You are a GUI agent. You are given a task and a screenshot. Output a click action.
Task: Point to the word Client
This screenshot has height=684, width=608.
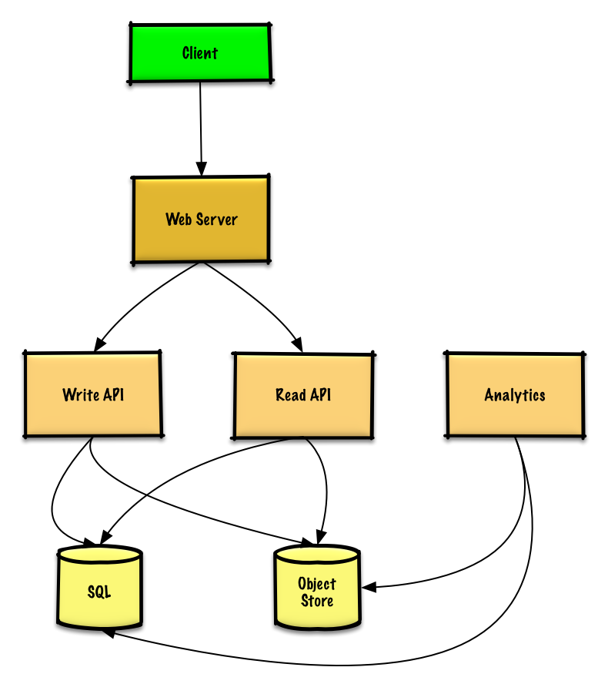click(x=200, y=53)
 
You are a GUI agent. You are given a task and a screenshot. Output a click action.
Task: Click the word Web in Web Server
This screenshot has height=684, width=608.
click(x=179, y=220)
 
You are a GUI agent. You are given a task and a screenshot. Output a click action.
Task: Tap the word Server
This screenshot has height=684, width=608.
click(x=216, y=220)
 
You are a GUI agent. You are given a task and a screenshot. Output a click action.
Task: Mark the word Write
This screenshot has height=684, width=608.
click(x=81, y=395)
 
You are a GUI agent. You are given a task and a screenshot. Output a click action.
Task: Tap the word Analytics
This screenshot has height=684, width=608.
click(x=515, y=395)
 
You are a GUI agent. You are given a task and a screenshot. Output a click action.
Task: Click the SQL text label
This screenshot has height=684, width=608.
click(x=99, y=592)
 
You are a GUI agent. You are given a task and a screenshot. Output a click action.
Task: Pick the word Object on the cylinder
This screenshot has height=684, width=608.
click(x=317, y=584)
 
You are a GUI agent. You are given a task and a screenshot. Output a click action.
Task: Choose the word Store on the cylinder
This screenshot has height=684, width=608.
click(x=317, y=601)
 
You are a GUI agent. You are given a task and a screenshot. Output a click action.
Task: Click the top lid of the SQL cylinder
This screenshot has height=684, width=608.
click(x=99, y=555)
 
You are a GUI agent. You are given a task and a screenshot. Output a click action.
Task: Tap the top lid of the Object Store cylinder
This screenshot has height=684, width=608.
click(x=317, y=555)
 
